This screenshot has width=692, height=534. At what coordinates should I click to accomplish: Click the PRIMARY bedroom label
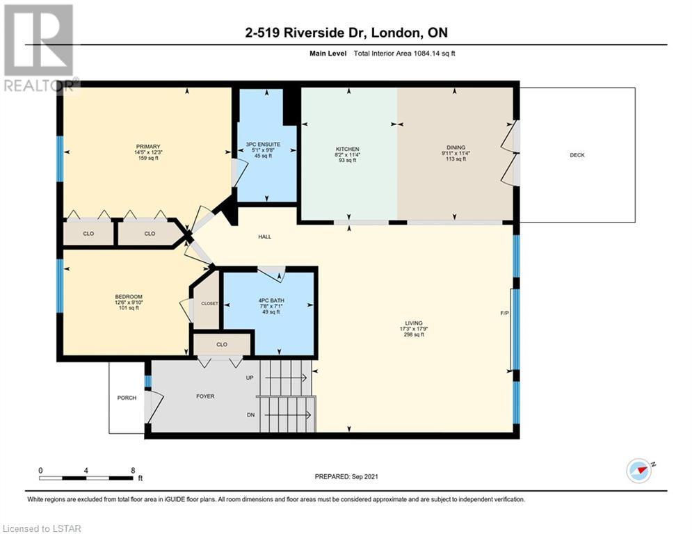(148, 147)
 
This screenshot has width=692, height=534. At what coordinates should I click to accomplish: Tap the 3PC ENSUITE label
(263, 145)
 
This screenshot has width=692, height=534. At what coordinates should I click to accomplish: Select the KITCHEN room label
(347, 149)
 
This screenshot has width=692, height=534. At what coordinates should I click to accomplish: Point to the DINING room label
(456, 147)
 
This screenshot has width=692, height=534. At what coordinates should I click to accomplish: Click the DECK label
(577, 155)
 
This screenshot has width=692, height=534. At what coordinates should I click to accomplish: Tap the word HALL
(265, 236)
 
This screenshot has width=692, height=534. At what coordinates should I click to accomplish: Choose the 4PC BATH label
(271, 300)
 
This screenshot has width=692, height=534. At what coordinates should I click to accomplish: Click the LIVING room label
(414, 323)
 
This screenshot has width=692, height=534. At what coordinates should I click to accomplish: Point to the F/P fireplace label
(504, 313)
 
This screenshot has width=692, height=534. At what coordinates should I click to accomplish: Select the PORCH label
(127, 398)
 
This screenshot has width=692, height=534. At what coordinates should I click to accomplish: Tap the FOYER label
(205, 396)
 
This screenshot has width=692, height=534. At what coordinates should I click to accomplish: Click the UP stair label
(250, 378)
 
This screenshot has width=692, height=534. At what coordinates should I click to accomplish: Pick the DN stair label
(250, 415)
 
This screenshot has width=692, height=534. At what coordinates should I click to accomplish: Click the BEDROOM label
(129, 297)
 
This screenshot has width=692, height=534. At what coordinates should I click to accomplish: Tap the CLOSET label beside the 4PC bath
(209, 303)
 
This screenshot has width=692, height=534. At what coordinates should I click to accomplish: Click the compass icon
(638, 471)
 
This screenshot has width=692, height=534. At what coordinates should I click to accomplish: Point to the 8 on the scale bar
(133, 471)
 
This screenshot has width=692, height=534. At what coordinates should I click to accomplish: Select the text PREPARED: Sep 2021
(346, 476)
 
